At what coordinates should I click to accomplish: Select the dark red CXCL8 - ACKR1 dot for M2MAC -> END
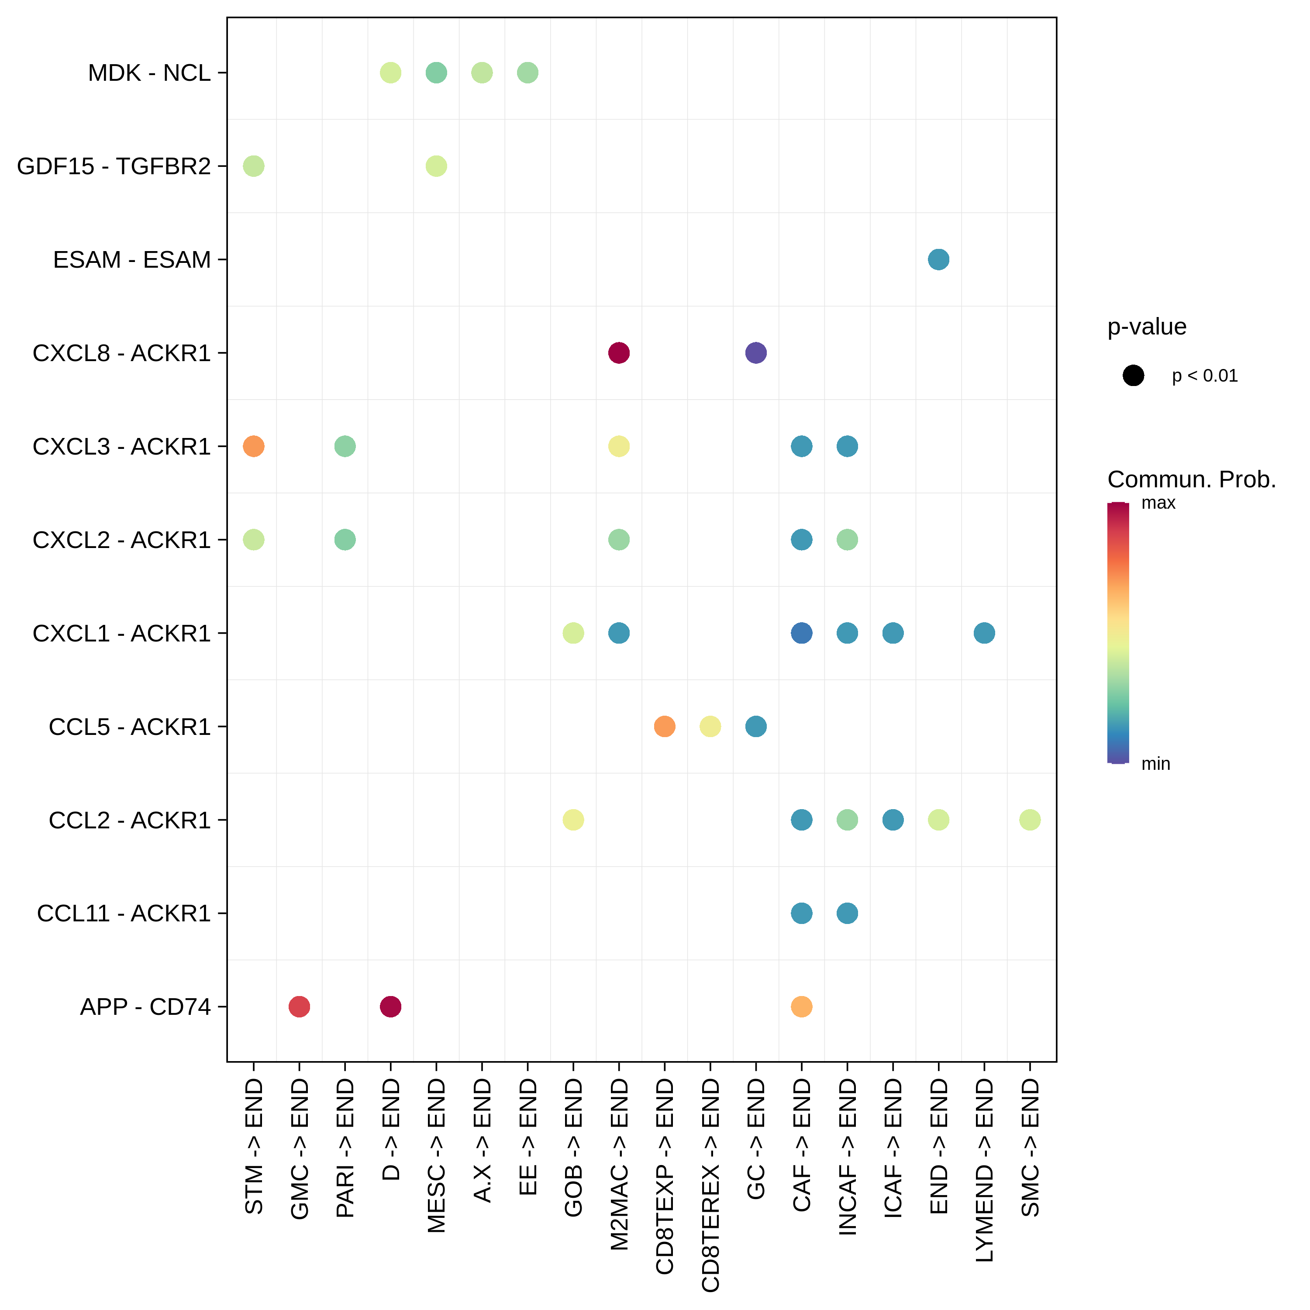point(618,352)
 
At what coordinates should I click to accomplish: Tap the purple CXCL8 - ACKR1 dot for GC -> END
point(755,352)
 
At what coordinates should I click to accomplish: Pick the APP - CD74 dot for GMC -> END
point(299,1007)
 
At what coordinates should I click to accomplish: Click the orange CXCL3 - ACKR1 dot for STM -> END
point(254,446)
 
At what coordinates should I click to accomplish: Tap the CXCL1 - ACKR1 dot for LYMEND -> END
point(984,633)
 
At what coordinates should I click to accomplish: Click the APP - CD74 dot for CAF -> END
point(801,1007)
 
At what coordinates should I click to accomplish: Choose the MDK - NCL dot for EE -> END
point(527,72)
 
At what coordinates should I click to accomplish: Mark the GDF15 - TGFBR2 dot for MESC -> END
point(436,166)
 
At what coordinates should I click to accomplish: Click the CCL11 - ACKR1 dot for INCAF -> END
point(847,914)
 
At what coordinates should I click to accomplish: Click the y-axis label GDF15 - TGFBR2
point(114,166)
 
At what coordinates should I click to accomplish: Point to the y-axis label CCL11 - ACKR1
point(124,914)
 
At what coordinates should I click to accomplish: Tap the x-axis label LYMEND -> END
point(984,1170)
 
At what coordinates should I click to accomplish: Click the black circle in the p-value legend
point(1133,375)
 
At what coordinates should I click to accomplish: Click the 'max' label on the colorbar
point(1158,503)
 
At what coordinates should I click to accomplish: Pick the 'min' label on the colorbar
point(1155,764)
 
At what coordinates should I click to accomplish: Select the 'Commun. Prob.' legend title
point(1191,479)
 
